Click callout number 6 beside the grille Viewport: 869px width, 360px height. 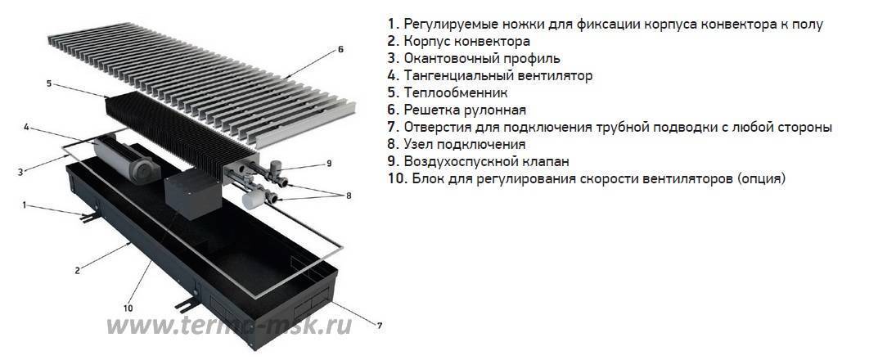coord(340,49)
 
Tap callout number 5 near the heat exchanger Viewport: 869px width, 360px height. coord(49,83)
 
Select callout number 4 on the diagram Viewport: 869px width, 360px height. coord(26,128)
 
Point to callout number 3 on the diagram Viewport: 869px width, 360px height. coord(20,172)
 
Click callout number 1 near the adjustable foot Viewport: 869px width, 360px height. coord(24,205)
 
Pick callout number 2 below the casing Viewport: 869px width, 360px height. coord(77,270)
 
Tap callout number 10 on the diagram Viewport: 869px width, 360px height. coord(128,308)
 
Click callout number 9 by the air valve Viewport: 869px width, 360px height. coord(329,164)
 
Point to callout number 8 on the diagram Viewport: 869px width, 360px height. coord(348,196)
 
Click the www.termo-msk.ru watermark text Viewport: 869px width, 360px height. coord(229,325)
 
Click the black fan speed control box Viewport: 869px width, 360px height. coord(193,193)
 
